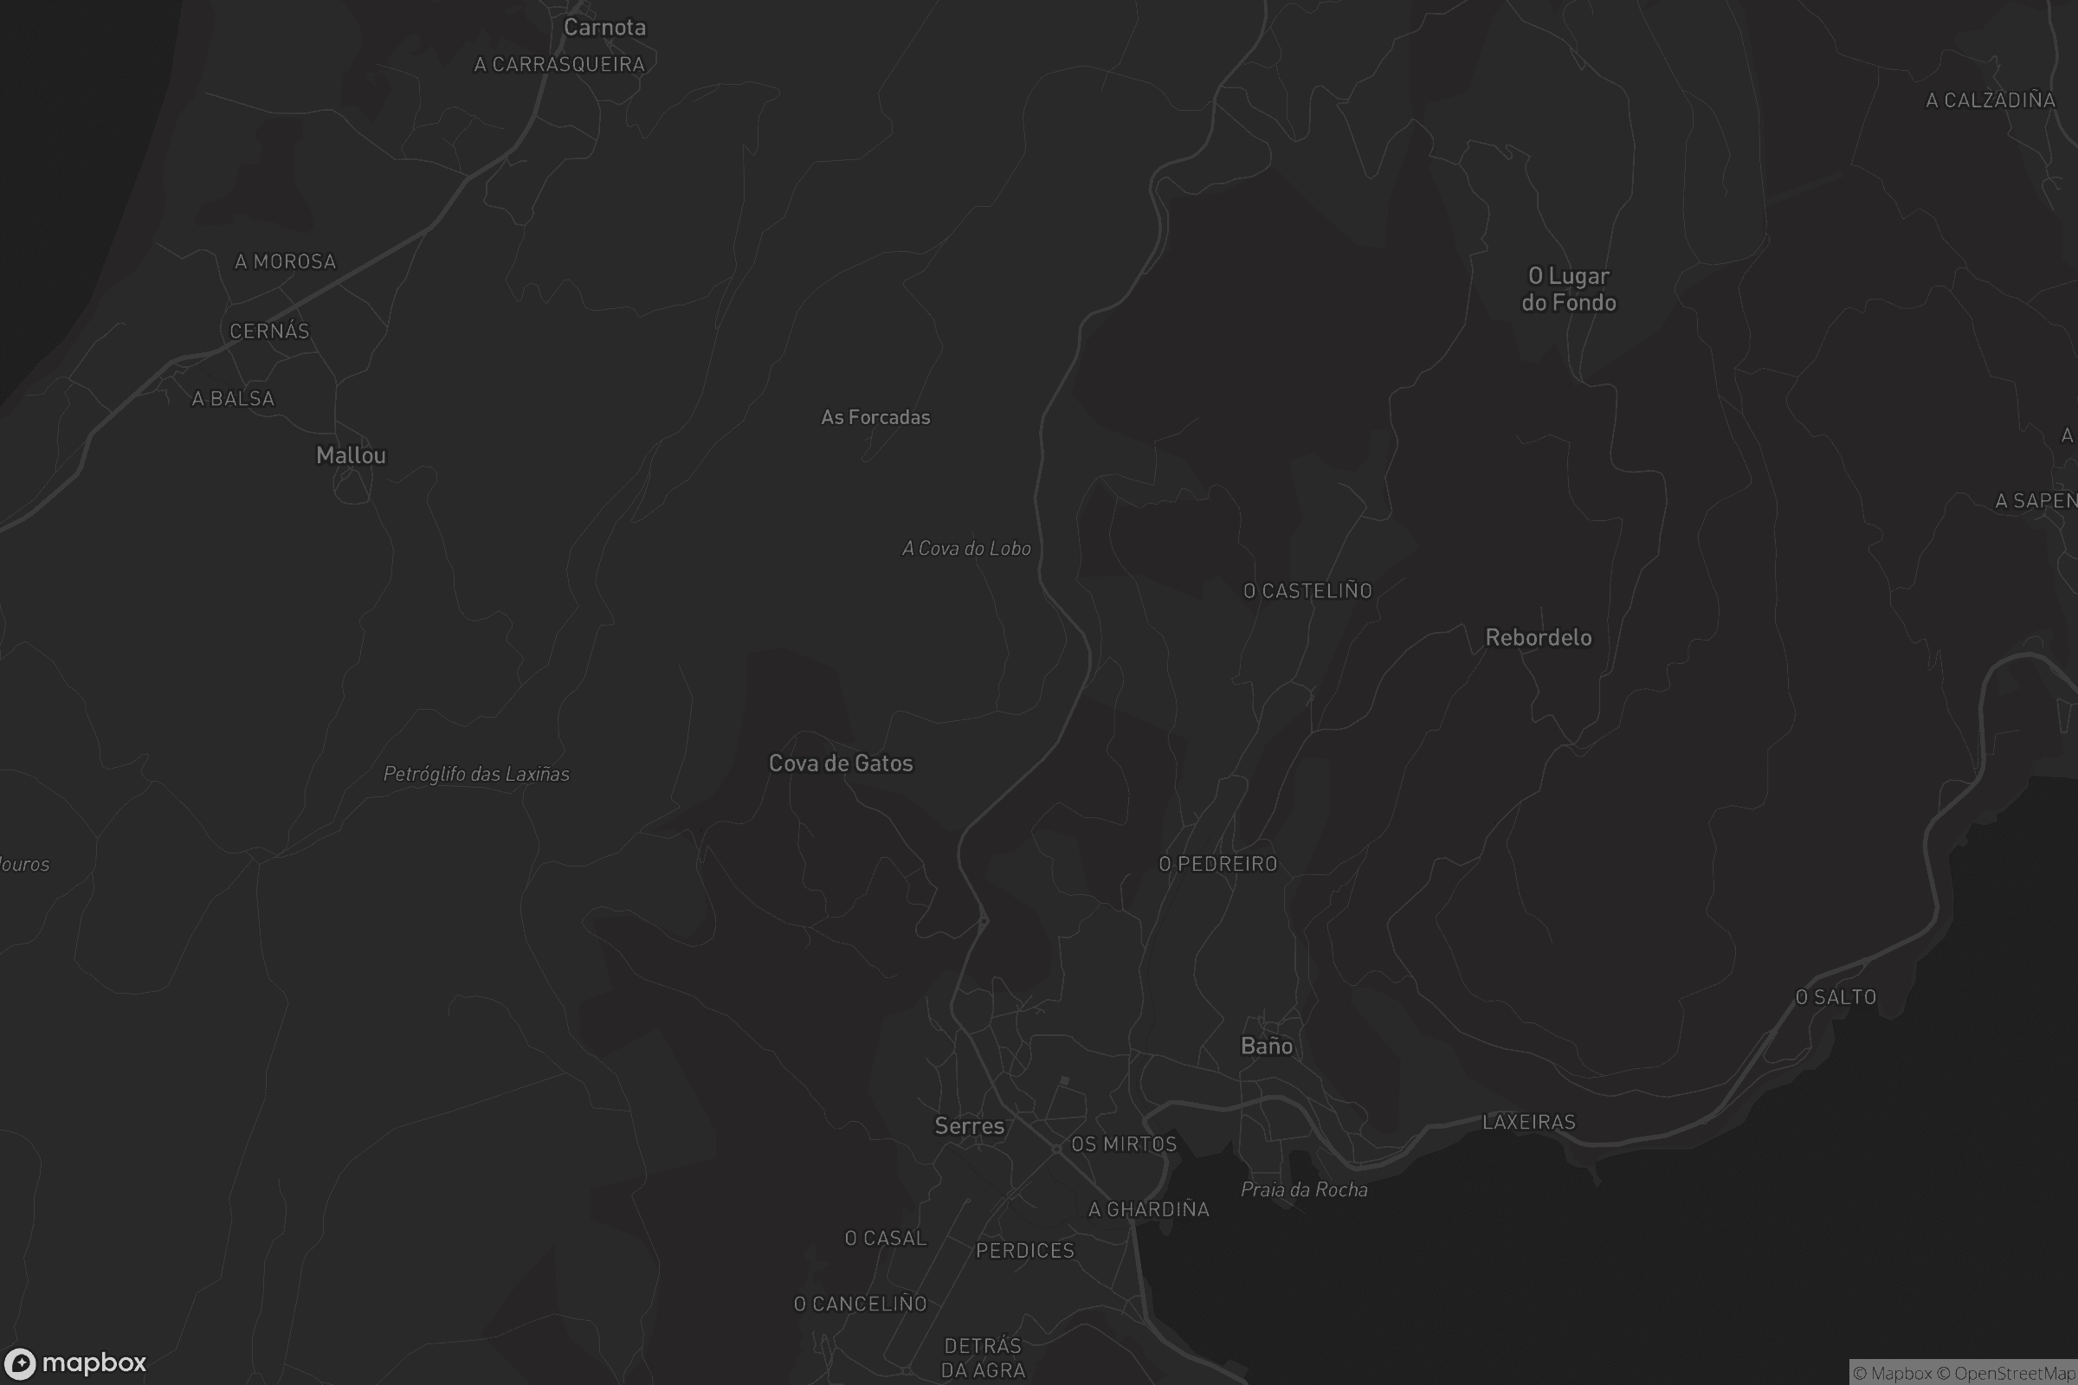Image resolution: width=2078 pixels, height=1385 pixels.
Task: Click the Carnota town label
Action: pyautogui.click(x=604, y=28)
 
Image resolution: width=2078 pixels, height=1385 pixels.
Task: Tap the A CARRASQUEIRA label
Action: pyautogui.click(x=559, y=64)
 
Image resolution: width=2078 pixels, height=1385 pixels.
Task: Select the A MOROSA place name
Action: pyautogui.click(x=286, y=261)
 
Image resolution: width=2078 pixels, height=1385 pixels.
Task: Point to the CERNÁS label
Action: pyautogui.click(x=269, y=332)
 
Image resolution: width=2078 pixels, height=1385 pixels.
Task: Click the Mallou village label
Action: pyautogui.click(x=351, y=456)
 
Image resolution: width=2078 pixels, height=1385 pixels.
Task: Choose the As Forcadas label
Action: pyautogui.click(x=875, y=417)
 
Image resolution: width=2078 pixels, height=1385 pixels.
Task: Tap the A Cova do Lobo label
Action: pyautogui.click(x=966, y=549)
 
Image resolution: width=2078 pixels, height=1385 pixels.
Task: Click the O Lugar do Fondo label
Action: pyautogui.click(x=1568, y=290)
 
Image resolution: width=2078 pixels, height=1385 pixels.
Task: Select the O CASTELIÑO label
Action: pyautogui.click(x=1307, y=591)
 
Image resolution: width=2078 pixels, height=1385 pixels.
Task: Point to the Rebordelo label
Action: pyautogui.click(x=1539, y=638)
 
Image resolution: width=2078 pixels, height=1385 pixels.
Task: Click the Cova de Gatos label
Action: pyautogui.click(x=840, y=763)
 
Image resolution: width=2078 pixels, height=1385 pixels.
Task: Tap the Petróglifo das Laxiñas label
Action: pyautogui.click(x=476, y=775)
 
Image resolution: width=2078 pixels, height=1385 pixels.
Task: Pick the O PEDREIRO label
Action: pyautogui.click(x=1217, y=864)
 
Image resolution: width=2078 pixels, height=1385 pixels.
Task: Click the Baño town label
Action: pyautogui.click(x=1266, y=1047)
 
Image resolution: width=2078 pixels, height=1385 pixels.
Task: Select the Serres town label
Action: pyautogui.click(x=969, y=1126)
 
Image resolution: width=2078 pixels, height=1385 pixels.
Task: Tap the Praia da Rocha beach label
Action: pyautogui.click(x=1304, y=1189)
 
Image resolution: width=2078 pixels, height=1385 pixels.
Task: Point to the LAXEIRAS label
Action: pyautogui.click(x=1528, y=1122)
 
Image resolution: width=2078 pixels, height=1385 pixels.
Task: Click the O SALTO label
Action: pyautogui.click(x=1835, y=997)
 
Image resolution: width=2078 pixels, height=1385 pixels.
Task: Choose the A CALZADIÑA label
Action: pyautogui.click(x=1990, y=100)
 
